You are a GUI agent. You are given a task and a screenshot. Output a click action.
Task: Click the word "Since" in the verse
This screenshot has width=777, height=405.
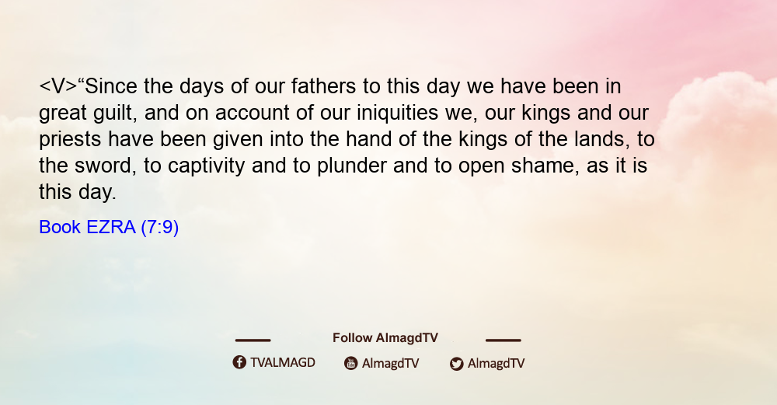click(x=110, y=86)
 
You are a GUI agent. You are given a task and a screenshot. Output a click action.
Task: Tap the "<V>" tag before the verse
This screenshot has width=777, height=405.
click(x=58, y=86)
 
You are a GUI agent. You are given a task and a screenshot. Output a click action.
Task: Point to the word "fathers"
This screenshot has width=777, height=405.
click(x=323, y=86)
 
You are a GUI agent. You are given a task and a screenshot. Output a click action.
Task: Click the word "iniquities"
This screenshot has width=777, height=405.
click(x=397, y=113)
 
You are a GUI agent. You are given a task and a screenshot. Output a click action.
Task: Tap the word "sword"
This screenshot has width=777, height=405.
click(x=105, y=166)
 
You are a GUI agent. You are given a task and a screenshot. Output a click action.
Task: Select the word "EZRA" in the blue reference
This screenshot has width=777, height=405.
click(x=111, y=227)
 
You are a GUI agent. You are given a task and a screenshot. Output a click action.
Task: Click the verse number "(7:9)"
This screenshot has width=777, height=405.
click(x=160, y=227)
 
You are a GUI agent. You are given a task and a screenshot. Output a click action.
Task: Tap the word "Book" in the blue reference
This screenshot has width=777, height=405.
click(x=60, y=227)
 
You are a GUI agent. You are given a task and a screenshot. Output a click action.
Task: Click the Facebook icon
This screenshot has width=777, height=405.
click(x=239, y=362)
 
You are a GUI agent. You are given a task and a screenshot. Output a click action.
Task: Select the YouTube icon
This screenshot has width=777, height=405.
click(x=351, y=363)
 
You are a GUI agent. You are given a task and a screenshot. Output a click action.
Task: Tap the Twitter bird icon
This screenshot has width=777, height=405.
click(x=456, y=364)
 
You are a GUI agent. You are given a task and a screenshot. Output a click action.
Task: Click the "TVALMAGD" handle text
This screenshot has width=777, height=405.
click(x=283, y=363)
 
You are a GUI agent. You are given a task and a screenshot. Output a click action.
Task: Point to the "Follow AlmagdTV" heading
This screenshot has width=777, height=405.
click(x=385, y=338)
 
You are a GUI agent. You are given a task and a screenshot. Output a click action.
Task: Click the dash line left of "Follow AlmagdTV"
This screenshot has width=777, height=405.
click(x=253, y=340)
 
